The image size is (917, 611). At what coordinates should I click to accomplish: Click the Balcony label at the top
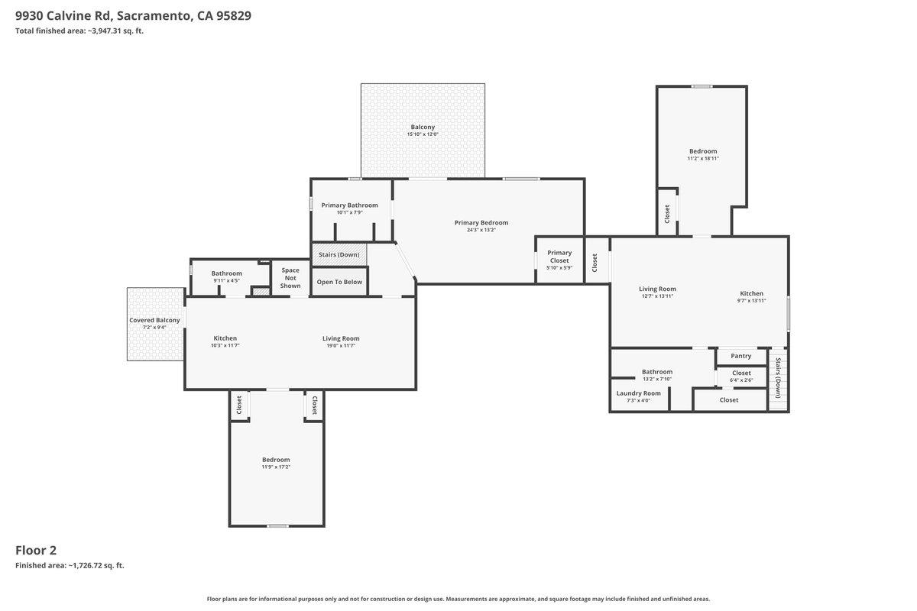[423, 127]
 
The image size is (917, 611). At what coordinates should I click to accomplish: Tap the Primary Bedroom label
[481, 223]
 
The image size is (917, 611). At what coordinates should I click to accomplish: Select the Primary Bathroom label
[349, 205]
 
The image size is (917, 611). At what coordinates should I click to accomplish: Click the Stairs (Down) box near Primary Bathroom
[339, 254]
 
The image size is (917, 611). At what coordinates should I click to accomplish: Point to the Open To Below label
[339, 282]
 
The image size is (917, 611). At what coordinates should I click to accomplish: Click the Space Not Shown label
[290, 278]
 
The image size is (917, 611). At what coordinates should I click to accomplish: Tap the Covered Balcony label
[154, 320]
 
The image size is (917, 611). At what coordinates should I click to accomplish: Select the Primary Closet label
[559, 257]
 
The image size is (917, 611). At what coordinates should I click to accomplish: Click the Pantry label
[740, 356]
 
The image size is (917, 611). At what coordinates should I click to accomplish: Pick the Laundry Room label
[639, 393]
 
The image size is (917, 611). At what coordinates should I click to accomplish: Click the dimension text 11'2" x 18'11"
[703, 158]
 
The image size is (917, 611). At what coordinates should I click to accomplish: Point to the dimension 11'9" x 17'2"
[276, 467]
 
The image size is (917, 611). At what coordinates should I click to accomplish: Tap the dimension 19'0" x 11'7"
[341, 346]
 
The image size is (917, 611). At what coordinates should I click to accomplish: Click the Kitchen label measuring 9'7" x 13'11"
[751, 293]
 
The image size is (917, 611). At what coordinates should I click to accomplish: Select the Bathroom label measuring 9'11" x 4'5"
[227, 273]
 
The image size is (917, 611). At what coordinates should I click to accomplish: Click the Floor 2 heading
[36, 550]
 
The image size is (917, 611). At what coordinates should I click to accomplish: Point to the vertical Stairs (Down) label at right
[778, 378]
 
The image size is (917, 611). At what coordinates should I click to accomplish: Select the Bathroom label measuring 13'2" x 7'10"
[657, 372]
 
